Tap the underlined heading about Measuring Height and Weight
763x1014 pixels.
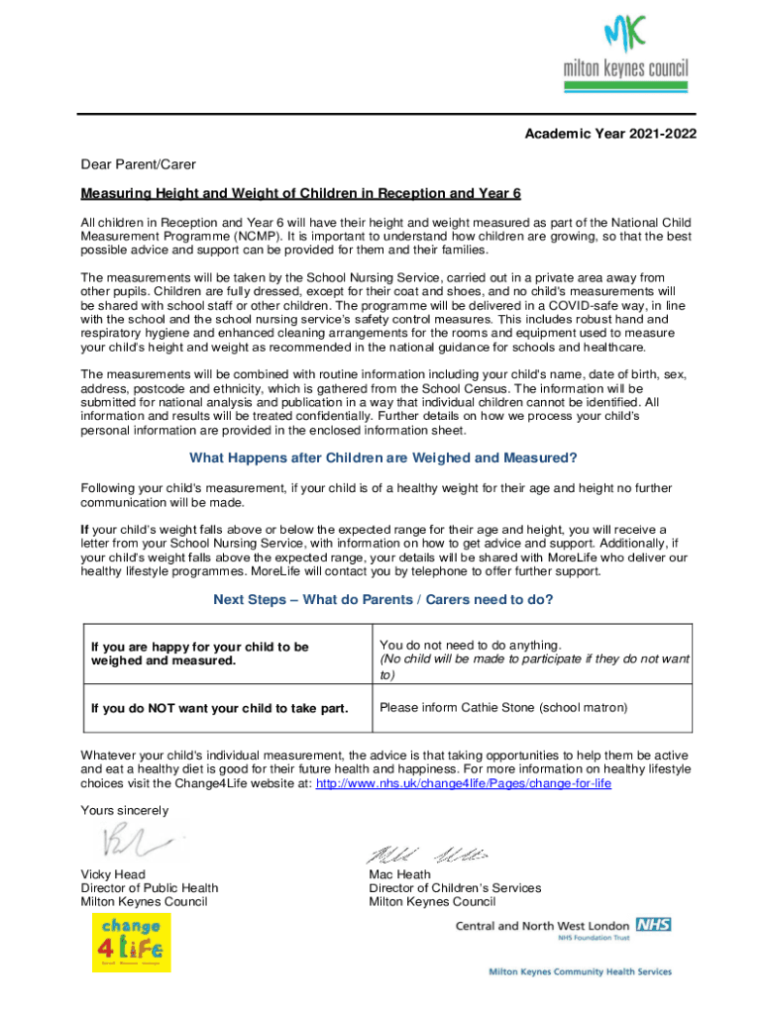point(300,193)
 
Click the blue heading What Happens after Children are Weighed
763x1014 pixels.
point(382,457)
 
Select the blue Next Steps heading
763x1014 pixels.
point(382,599)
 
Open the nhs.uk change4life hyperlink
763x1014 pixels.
point(463,783)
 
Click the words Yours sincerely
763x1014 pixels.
point(125,811)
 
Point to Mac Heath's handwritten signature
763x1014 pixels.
point(429,855)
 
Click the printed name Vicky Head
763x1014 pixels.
point(113,874)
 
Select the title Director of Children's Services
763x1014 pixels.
point(455,888)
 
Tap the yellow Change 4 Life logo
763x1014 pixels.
point(131,942)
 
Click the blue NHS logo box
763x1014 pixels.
point(654,924)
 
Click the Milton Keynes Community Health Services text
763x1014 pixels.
point(580,972)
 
